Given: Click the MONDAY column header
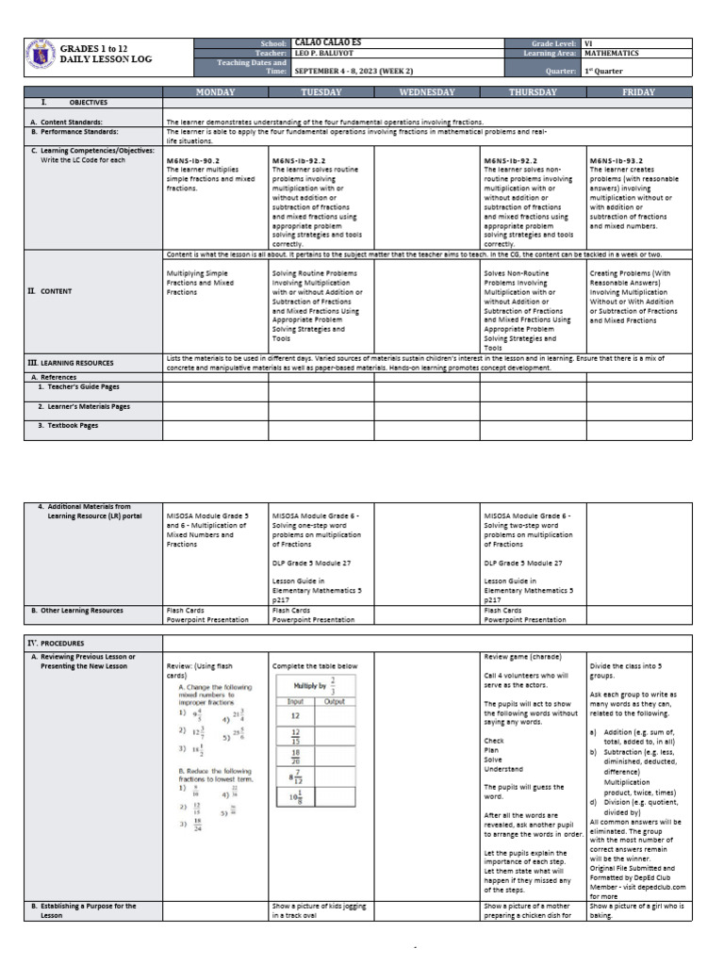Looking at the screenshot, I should (215, 91).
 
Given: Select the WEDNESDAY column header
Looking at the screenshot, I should (427, 91).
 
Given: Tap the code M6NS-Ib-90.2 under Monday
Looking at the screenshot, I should (192, 161).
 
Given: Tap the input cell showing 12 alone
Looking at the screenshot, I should (294, 715).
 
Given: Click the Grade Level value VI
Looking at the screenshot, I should (589, 43).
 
